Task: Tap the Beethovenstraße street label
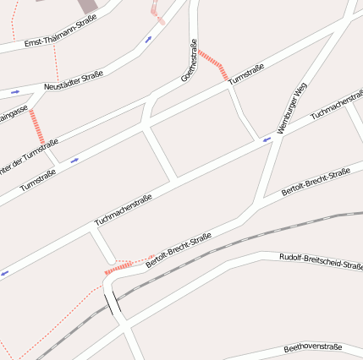tap(312, 347)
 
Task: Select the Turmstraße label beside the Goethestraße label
tap(246, 74)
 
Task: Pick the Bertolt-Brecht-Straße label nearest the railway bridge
tap(177, 252)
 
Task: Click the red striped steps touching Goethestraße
tap(213, 64)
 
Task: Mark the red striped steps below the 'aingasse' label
tap(36, 126)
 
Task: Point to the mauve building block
tap(89, 5)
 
